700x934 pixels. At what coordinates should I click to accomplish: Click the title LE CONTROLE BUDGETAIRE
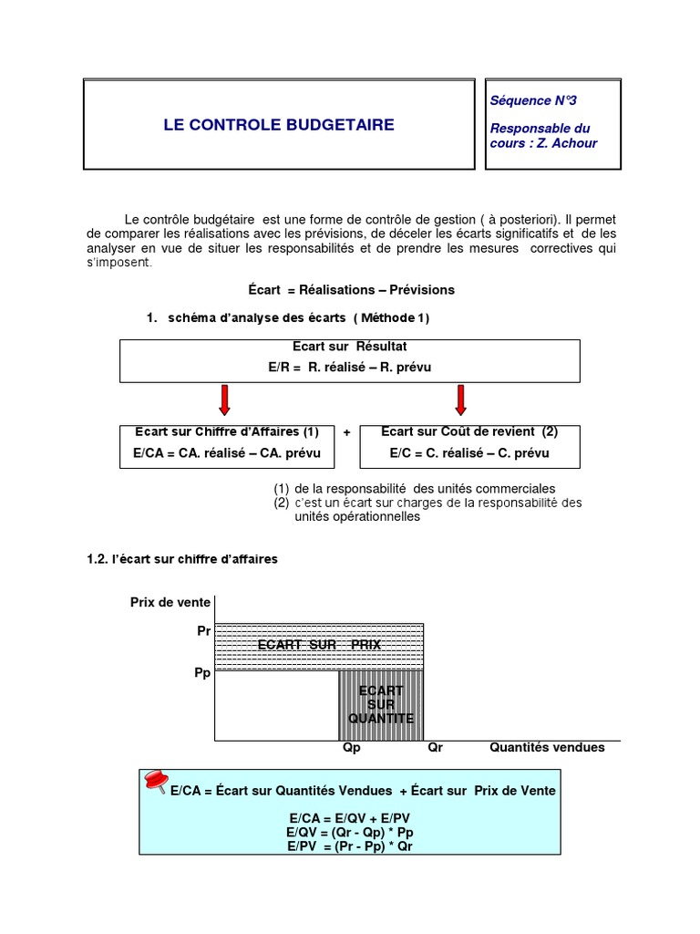pos(279,125)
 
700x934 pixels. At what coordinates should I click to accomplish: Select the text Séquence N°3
pos(533,101)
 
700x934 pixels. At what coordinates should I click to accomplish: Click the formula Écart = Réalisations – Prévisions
pos(351,290)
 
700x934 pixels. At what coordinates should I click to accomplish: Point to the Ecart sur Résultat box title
pos(350,348)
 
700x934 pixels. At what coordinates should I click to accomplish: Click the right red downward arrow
pos(460,400)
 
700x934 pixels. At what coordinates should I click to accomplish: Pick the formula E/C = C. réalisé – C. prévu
pos(469,453)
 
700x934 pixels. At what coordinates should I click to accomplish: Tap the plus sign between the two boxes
pos(347,433)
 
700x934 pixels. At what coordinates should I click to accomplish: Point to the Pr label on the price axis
pos(203,630)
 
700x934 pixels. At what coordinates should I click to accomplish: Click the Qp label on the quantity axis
pos(352,747)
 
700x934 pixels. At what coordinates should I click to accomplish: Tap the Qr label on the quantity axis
pos(435,747)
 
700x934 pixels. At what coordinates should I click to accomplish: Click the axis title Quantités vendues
pos(547,747)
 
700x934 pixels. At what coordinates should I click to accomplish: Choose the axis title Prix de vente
pos(170,602)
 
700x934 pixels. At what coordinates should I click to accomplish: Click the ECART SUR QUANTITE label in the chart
pos(381,704)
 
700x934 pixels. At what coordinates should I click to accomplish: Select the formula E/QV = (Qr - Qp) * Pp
pos(351,833)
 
